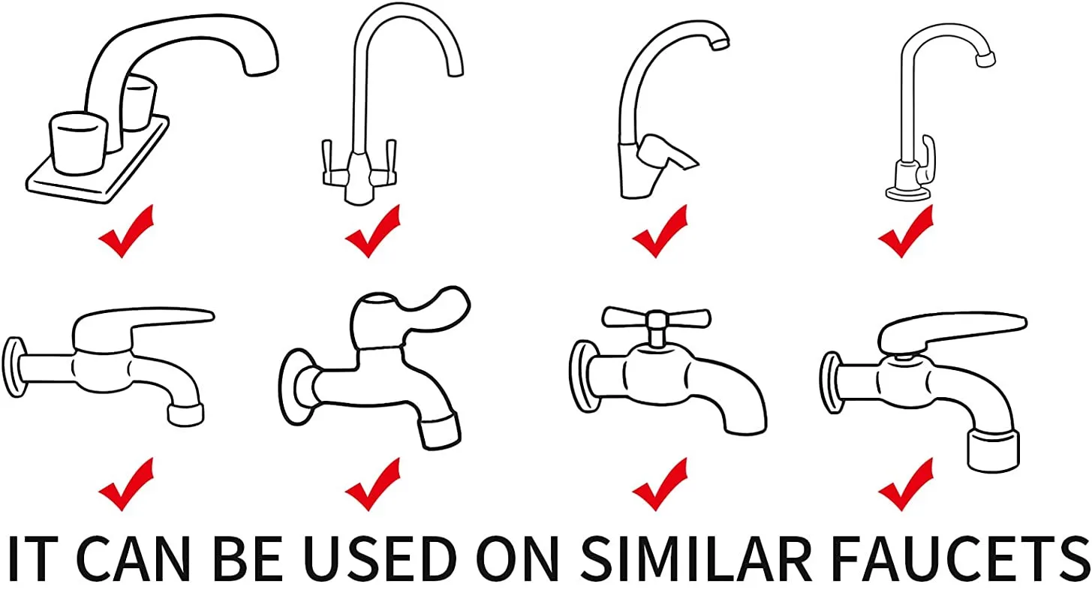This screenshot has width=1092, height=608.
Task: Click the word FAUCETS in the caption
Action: [x=959, y=558]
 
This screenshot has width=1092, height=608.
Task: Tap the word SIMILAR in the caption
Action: [x=696, y=558]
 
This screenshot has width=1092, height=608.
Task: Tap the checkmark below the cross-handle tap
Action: [x=660, y=484]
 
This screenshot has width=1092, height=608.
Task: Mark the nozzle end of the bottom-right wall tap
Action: [x=994, y=450]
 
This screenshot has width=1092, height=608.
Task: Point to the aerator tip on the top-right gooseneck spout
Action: [x=985, y=59]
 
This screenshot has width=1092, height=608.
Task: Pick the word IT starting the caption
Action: [x=33, y=558]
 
